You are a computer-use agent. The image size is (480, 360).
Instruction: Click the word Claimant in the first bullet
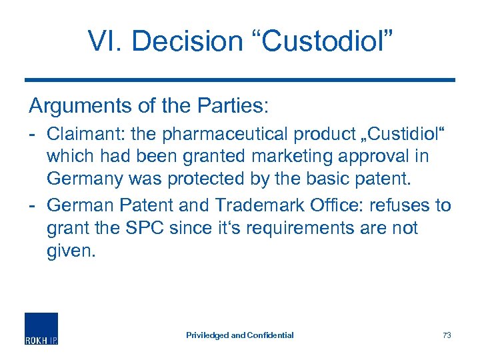(81, 133)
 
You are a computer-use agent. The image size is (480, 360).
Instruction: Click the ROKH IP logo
(41, 329)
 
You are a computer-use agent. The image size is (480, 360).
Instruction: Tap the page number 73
(446, 335)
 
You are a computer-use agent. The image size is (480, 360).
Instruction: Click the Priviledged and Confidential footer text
(239, 335)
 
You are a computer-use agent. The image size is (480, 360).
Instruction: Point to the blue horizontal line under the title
(240, 79)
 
